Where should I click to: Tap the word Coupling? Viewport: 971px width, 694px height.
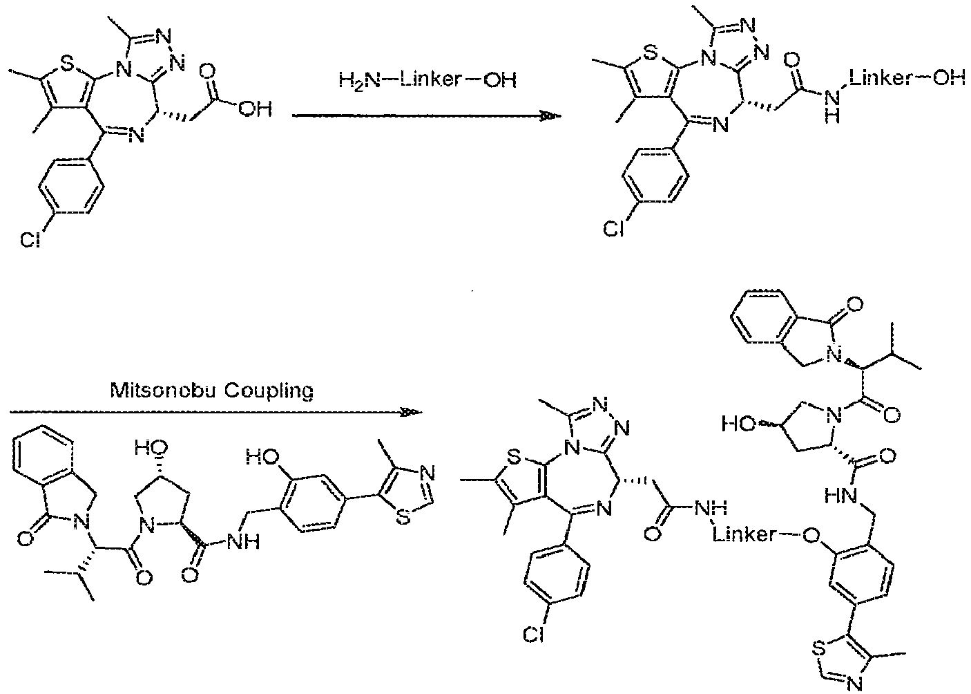[x=269, y=392]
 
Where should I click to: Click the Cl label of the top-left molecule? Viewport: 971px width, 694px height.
[x=30, y=239]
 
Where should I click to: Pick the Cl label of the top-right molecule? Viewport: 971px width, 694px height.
[x=614, y=228]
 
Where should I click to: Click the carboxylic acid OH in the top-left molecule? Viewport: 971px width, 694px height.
[x=256, y=109]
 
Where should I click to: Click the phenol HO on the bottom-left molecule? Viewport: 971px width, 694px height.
[x=264, y=456]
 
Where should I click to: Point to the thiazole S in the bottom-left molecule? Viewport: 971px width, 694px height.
[x=403, y=517]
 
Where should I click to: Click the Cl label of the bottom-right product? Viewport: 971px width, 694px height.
[x=534, y=635]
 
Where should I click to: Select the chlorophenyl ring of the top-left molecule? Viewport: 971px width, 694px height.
[x=72, y=187]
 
